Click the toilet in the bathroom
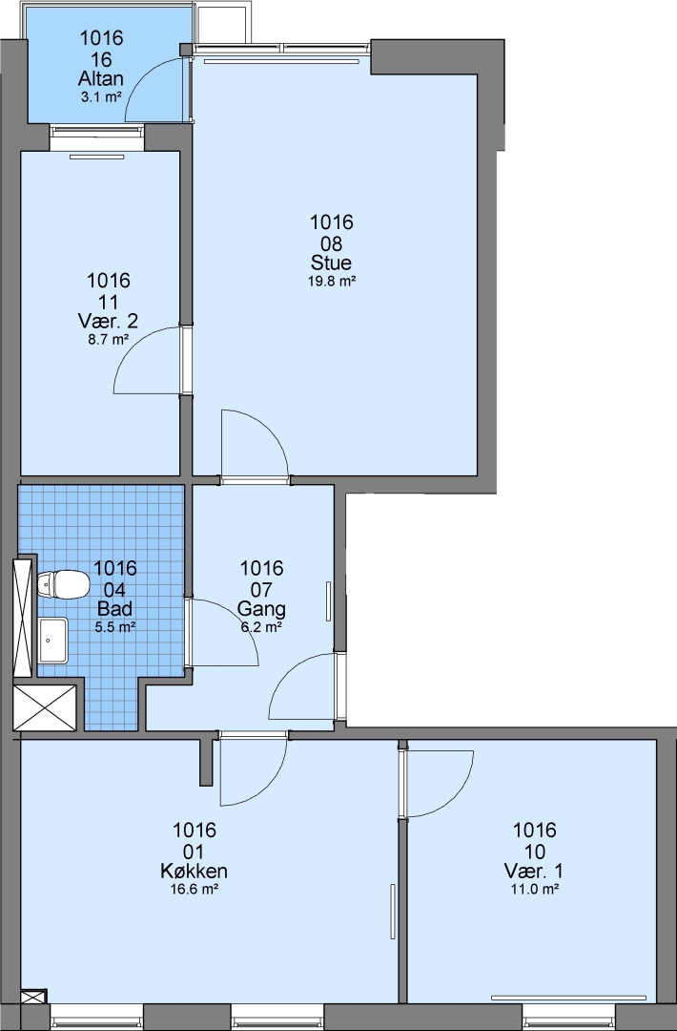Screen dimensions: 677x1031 coord(63,584)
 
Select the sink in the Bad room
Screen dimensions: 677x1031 coord(52,640)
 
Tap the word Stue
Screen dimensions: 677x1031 coord(331,263)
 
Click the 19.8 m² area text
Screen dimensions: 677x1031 coord(331,282)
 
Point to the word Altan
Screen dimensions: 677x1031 coord(100,79)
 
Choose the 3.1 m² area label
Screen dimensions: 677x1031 coord(100,97)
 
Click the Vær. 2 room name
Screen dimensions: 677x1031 coord(108,322)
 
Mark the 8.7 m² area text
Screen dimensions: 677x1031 coord(108,340)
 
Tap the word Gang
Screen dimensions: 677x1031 coord(261,609)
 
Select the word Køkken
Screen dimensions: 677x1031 coord(194,872)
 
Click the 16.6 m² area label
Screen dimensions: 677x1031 coord(194,890)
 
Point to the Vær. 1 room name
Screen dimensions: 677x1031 coord(533,872)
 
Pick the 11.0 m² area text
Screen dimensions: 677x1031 coord(535,890)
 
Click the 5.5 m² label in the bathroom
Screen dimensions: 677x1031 coord(115,626)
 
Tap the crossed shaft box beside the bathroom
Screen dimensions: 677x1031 coord(46,707)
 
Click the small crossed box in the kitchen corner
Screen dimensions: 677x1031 coord(33,997)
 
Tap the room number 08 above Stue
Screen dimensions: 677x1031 coord(332,243)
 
